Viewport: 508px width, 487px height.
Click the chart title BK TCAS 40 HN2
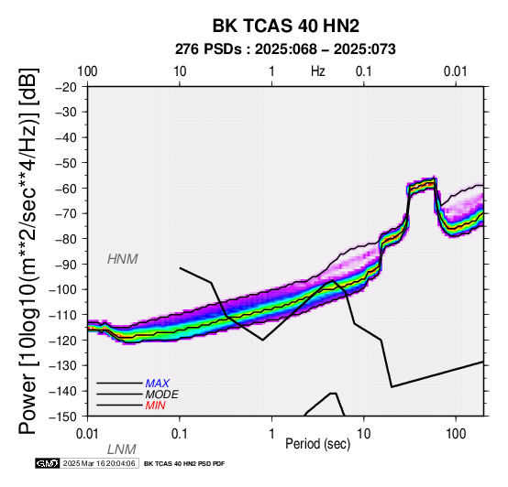coord(286,26)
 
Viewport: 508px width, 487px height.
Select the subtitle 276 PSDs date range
coord(285,49)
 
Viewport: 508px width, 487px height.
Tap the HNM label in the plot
coord(123,259)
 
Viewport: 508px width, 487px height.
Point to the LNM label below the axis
coord(121,449)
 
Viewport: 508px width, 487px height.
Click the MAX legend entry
coord(157,384)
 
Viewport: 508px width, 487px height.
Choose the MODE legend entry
coord(161,395)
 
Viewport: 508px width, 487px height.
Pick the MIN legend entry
coord(155,406)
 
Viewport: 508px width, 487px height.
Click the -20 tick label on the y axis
coord(66,87)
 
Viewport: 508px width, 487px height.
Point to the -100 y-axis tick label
coord(63,289)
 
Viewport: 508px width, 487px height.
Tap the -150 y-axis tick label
coord(63,417)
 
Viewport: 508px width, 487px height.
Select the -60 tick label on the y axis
coord(66,189)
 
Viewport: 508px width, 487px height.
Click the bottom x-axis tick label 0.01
coord(87,434)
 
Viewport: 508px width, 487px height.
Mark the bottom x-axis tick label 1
coord(271,434)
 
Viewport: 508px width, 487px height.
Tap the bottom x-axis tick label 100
coord(456,434)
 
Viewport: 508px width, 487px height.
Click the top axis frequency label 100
coord(87,71)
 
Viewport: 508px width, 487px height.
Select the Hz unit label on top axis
coord(318,71)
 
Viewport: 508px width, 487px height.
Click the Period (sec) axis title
coord(318,444)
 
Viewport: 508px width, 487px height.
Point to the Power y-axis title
coord(28,252)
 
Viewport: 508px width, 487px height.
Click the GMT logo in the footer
coord(48,463)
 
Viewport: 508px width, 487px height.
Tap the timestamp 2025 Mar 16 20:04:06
coord(99,463)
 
